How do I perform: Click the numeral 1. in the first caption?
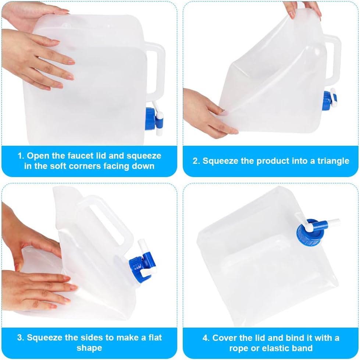pyautogui.click(x=21, y=156)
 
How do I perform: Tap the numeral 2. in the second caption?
pyautogui.click(x=196, y=161)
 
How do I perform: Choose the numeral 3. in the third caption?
pyautogui.click(x=21, y=338)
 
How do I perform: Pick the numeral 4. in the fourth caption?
pyautogui.click(x=206, y=338)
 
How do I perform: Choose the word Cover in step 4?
pyautogui.click(x=225, y=338)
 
